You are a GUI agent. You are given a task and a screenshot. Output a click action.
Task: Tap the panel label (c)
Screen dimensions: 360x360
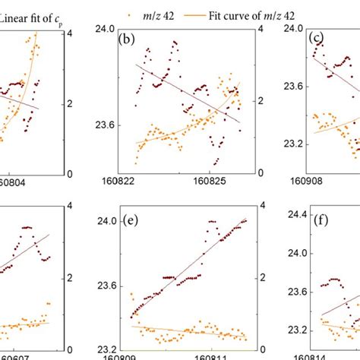click(313, 37)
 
